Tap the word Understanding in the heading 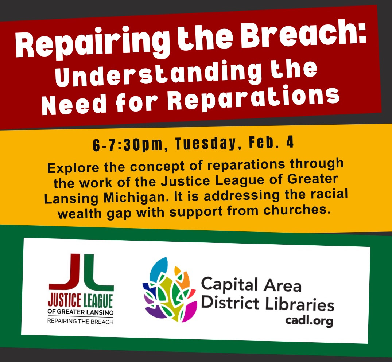pos(158,73)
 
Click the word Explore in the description pos(73,168)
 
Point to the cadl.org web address pos(309,320)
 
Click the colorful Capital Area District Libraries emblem pos(170,289)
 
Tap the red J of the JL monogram pos(66,272)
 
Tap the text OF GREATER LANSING pos(81,312)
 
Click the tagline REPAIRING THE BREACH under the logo pos(81,321)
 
